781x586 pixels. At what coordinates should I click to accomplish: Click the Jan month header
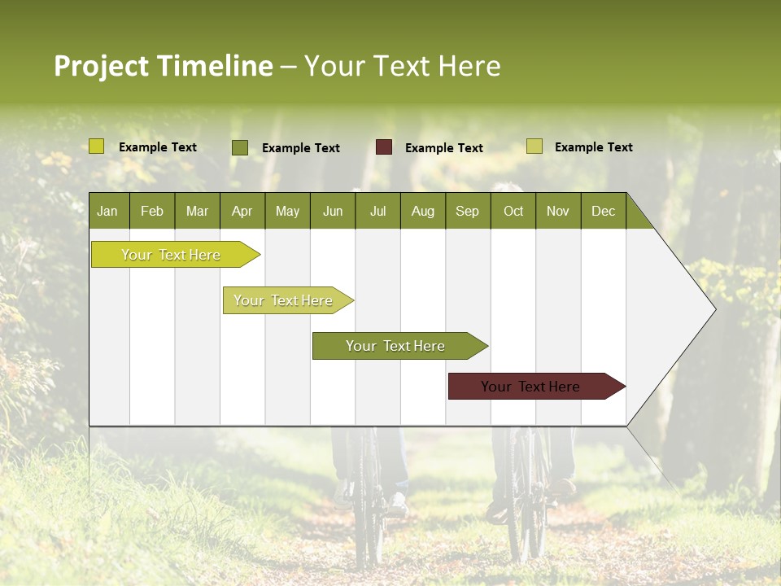107,211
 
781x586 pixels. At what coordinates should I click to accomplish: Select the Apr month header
242,211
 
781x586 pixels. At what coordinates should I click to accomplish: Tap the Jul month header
377,211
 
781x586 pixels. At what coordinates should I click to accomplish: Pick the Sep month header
467,211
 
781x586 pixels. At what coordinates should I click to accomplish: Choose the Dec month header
603,211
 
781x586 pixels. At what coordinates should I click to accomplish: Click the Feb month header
152,211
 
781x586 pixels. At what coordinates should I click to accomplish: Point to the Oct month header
513,211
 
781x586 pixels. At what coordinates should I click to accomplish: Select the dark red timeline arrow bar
533,387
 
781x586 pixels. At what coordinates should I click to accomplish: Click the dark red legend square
384,147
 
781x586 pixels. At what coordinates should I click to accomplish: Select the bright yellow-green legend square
97,146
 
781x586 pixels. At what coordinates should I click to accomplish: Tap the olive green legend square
240,147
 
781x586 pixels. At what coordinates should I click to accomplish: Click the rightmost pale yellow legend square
534,146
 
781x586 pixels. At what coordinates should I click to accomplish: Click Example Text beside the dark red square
443,148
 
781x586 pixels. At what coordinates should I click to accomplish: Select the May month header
287,211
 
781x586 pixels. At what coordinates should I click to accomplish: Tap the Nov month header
558,211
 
